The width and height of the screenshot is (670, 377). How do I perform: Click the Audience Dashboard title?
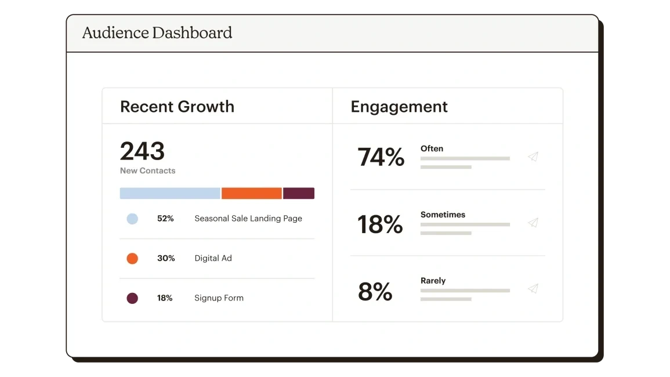point(157,32)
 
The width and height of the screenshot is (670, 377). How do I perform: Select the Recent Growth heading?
point(177,107)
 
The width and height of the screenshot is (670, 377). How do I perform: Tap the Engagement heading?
point(399,107)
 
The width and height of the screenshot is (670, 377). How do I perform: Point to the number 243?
point(142,151)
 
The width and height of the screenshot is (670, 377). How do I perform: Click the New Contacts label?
point(147,171)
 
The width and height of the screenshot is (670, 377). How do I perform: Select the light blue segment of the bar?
point(170,193)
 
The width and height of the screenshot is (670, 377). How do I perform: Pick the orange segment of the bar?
point(251,193)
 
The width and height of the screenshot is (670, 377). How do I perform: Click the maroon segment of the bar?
point(299,193)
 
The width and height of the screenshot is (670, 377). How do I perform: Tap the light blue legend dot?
point(132,219)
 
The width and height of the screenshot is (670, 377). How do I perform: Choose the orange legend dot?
point(132,259)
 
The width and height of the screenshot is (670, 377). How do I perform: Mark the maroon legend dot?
point(132,298)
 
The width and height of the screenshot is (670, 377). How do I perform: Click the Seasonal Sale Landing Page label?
point(248,219)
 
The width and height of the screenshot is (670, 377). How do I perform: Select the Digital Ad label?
point(213,259)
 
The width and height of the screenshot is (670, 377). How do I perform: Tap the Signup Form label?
point(219,298)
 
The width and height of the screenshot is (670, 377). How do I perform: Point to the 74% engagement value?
point(381,157)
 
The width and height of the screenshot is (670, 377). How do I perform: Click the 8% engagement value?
point(375,292)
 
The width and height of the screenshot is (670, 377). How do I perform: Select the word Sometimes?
point(443,215)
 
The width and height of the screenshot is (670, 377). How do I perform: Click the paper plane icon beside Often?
point(533,157)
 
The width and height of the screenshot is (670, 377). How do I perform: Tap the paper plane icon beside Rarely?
point(533,289)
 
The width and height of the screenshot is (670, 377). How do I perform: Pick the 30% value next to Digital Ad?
point(166,259)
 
